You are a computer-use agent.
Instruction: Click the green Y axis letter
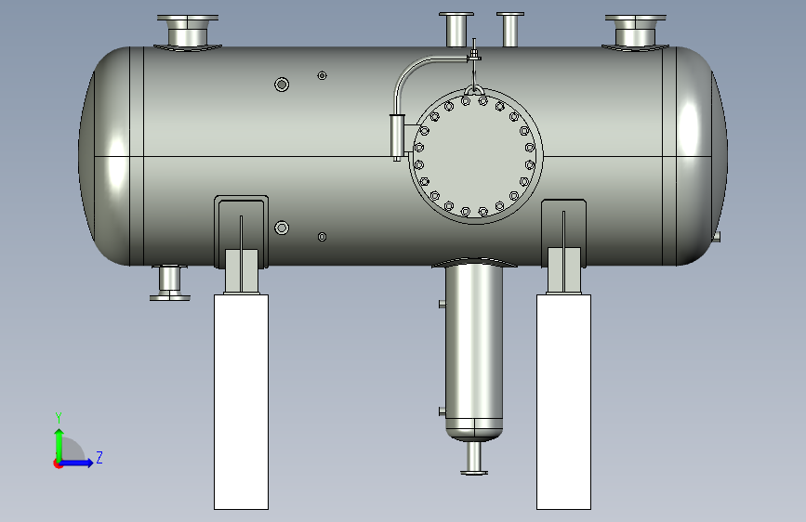59,418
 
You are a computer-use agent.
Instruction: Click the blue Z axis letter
99,457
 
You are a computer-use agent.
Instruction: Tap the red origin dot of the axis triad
58,463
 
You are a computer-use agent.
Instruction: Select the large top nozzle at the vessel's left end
188,32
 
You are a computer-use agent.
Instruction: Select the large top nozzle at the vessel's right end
635,32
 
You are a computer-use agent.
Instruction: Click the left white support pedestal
241,402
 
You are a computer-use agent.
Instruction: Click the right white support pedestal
564,402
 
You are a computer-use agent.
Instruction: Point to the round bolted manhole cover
475,156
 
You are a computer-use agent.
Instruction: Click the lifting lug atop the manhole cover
473,90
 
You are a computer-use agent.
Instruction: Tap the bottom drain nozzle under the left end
169,282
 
